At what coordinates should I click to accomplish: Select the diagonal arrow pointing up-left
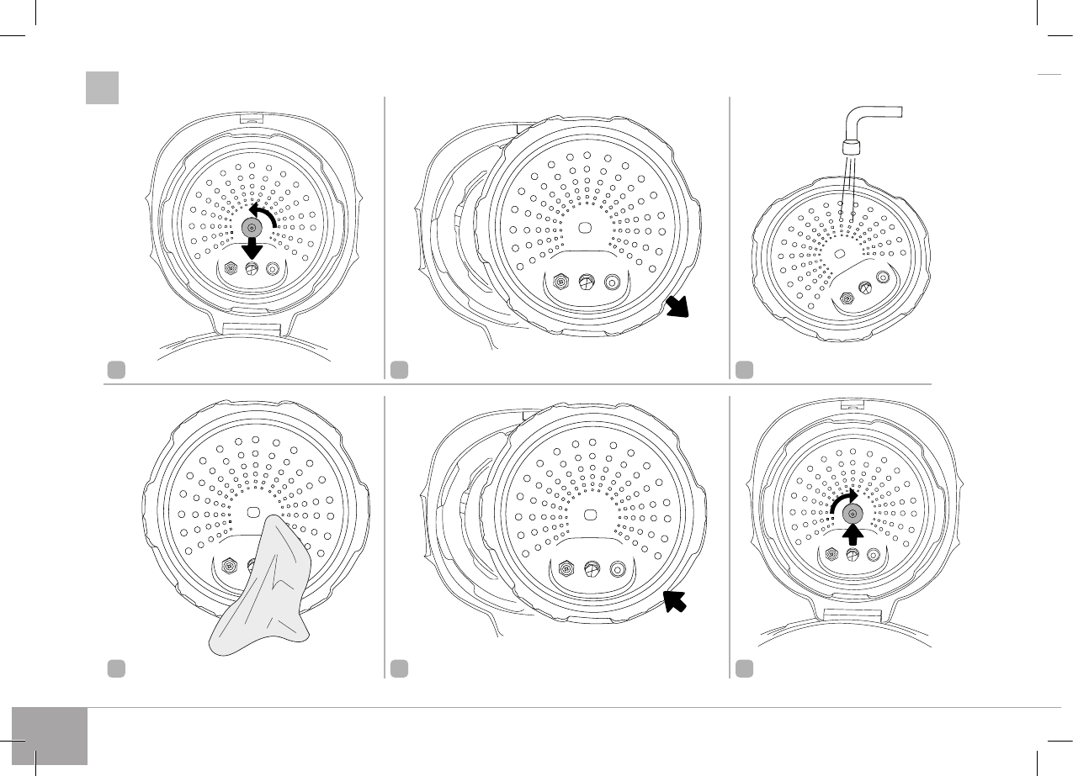click(677, 604)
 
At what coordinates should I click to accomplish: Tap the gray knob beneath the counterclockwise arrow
click(252, 228)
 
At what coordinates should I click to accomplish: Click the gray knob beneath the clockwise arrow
click(853, 514)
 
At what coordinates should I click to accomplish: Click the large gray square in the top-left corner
click(101, 87)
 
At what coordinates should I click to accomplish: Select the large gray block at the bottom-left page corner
click(50, 736)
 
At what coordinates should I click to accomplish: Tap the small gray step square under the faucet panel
click(744, 368)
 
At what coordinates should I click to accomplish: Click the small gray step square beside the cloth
click(115, 668)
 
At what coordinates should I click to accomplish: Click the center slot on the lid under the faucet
click(839, 253)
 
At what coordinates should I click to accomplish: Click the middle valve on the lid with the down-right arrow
click(587, 282)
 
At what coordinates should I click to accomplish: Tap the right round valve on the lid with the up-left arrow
click(618, 569)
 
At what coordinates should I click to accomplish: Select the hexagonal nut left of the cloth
click(227, 566)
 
